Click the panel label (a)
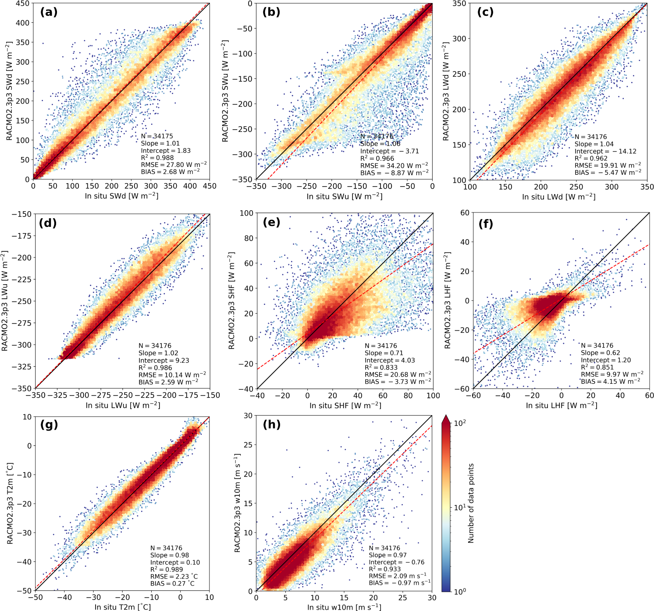[49, 12]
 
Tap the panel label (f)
[486, 224]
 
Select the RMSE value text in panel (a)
[174, 165]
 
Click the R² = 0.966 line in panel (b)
[377, 159]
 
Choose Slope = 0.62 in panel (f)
[600, 353]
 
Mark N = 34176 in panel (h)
[384, 548]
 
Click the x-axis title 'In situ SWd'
[121, 196]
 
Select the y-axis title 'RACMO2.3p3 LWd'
[446, 92]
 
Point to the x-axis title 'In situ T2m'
[122, 607]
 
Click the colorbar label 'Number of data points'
[471, 503]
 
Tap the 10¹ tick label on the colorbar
[460, 507]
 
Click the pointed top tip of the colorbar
[446, 416]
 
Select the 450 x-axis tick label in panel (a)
[210, 186]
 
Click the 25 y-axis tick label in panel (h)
[248, 445]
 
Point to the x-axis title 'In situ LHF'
[561, 406]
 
